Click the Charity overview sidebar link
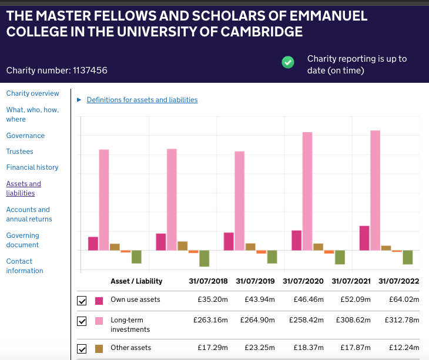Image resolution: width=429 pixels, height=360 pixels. pos(32,93)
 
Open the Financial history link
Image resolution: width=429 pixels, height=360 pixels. pos(32,167)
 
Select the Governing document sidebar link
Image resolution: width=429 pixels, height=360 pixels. pos(22,240)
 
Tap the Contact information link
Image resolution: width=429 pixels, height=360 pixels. pos(25,266)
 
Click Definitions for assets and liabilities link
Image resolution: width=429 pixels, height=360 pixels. pos(142,100)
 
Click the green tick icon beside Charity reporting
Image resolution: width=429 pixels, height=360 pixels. pos(288,62)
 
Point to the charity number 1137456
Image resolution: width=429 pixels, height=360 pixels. pos(90,71)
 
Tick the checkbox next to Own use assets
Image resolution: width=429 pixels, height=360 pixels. pos(82,301)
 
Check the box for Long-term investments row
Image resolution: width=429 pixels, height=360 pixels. pos(82,321)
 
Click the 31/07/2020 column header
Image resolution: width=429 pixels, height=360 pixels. pos(303,281)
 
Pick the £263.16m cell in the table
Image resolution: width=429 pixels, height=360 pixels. pos(210,320)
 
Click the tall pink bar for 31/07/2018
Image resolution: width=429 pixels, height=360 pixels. pos(104,200)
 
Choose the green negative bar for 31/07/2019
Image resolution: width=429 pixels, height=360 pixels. pos(204,258)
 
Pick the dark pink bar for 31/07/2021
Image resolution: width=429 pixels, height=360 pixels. pos(296,240)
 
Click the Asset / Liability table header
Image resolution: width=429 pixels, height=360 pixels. pos(136,281)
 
